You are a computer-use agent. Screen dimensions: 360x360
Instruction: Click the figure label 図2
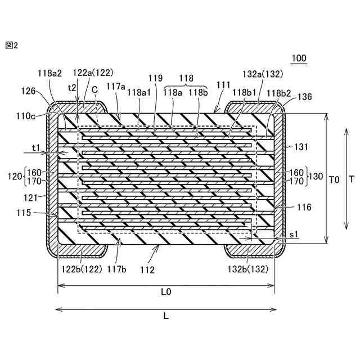[11, 46]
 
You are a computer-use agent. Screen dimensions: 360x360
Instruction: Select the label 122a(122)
[93, 73]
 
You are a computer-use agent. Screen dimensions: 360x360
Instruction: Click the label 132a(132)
[262, 74]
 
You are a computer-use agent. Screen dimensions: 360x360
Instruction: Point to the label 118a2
[50, 73]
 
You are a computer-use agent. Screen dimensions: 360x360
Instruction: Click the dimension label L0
[166, 292]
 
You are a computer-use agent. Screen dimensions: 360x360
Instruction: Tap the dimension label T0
[334, 179]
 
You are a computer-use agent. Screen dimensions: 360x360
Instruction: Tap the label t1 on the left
[36, 148]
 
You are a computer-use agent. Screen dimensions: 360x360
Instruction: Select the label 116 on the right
[304, 208]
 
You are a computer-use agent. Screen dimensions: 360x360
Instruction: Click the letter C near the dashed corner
[94, 89]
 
